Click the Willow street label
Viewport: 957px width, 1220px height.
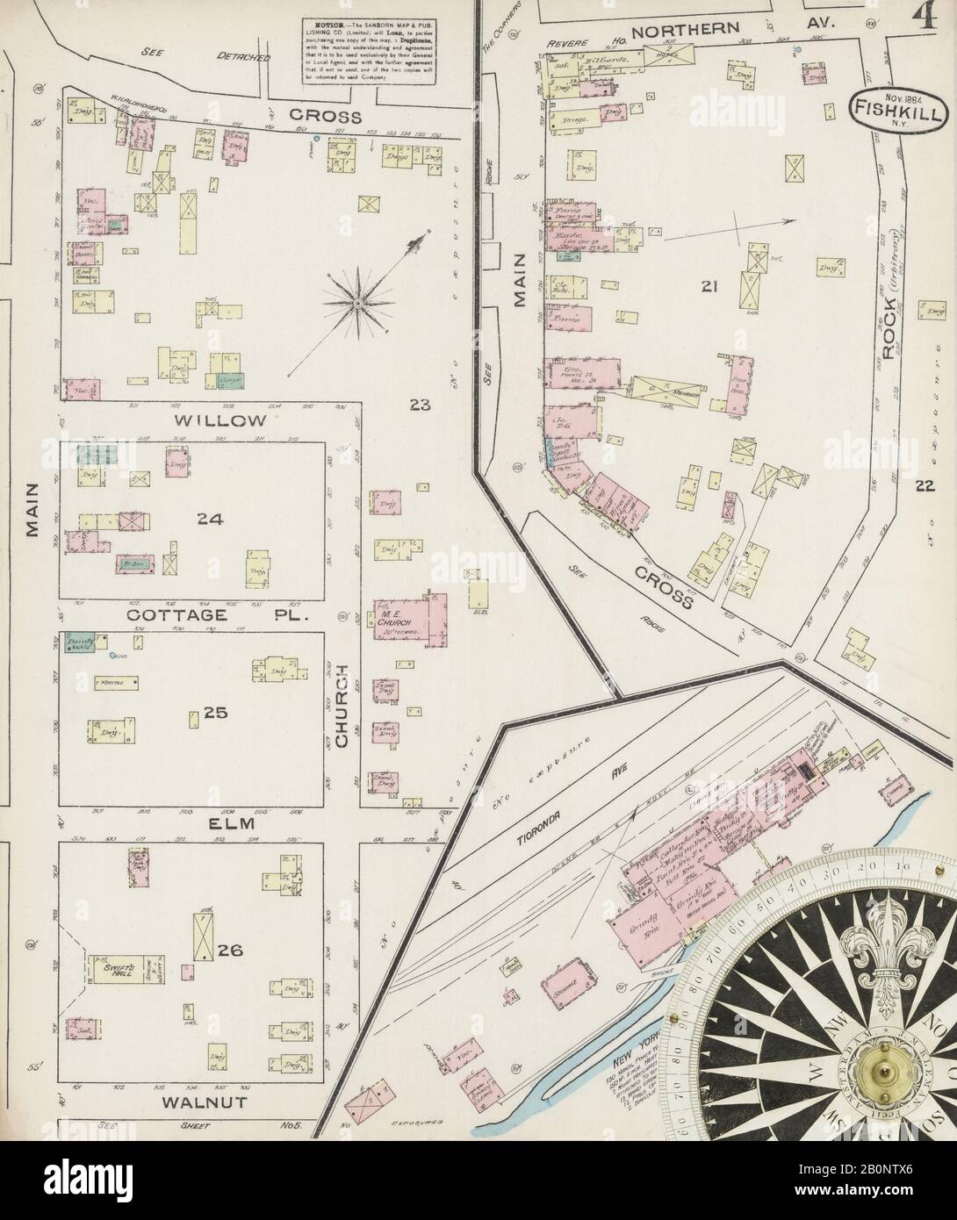coord(220,420)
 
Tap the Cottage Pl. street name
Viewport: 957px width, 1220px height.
coord(219,616)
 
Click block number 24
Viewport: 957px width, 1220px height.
coord(210,519)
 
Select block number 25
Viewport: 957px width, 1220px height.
coord(215,713)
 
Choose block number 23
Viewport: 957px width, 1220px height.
coord(420,405)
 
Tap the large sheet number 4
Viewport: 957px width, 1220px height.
coord(924,19)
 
